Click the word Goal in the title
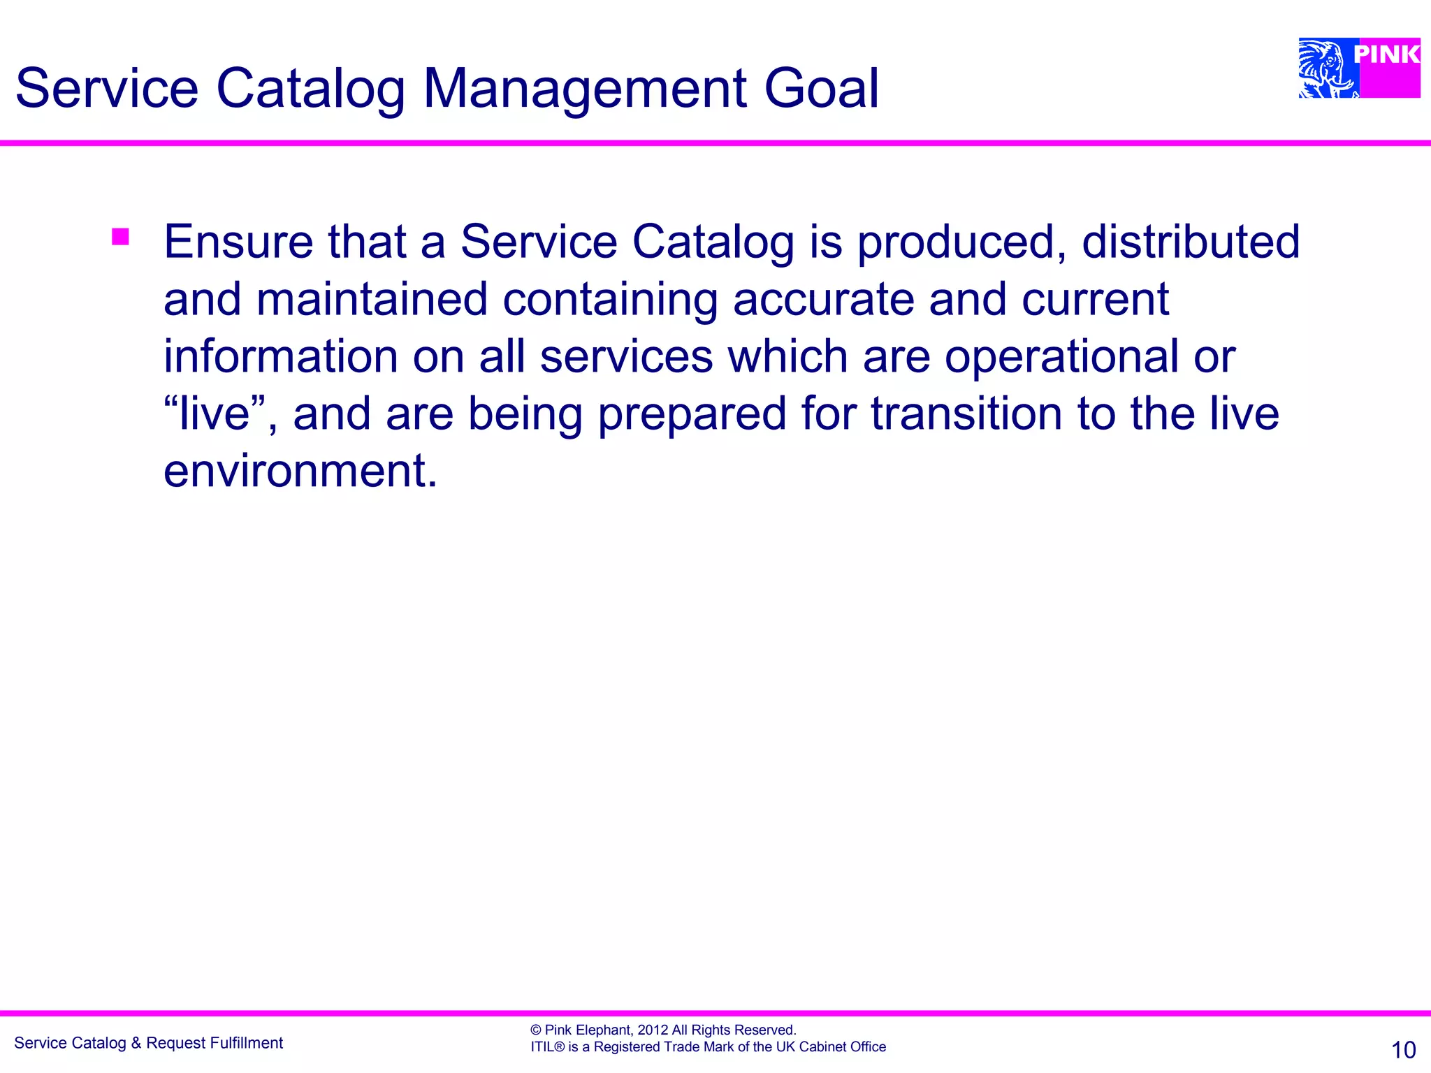[821, 89]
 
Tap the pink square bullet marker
[120, 237]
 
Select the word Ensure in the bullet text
[238, 242]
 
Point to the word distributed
[1190, 242]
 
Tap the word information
[280, 356]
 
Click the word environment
[300, 471]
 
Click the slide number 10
[1403, 1050]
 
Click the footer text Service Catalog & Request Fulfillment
[148, 1043]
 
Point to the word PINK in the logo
[1386, 54]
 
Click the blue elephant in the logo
[1325, 68]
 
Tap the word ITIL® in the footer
[547, 1046]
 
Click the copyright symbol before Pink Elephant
[536, 1030]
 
